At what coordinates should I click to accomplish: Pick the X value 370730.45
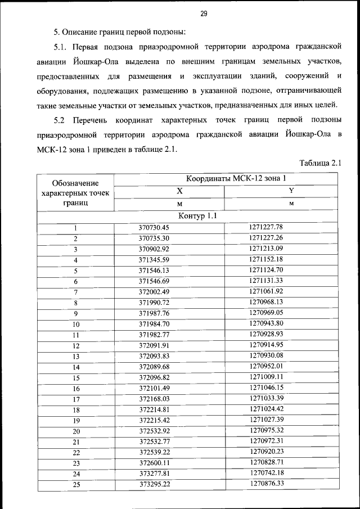pyautogui.click(x=154, y=228)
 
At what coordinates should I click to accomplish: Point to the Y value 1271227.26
pyautogui.click(x=265, y=238)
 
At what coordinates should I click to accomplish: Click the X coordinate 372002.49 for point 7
pyautogui.click(x=154, y=291)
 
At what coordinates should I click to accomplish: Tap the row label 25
pyautogui.click(x=76, y=484)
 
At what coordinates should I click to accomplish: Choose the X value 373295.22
pyautogui.click(x=154, y=484)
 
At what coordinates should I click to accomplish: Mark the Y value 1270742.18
pyautogui.click(x=265, y=472)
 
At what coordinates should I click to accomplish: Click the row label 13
pyautogui.click(x=76, y=357)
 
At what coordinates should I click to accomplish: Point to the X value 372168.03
pyautogui.click(x=154, y=398)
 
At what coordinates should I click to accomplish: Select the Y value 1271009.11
pyautogui.click(x=265, y=377)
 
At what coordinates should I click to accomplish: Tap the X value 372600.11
pyautogui.click(x=154, y=462)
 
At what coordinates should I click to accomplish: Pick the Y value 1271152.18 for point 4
pyautogui.click(x=265, y=259)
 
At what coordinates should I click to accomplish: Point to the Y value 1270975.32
pyautogui.click(x=265, y=430)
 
